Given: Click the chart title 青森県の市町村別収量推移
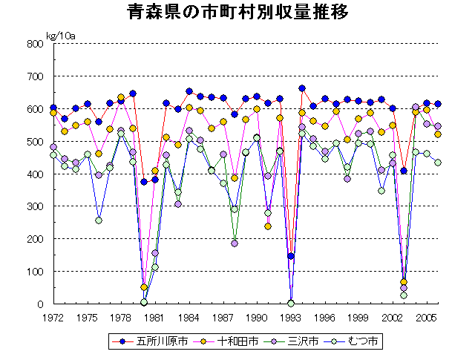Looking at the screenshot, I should click(237, 13).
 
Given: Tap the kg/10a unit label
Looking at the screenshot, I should click(60, 35).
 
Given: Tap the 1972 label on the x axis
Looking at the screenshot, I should click(53, 317).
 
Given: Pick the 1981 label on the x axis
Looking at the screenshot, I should click(155, 317).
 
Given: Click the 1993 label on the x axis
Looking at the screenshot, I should click(291, 317).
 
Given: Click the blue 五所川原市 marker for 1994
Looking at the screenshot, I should click(302, 88).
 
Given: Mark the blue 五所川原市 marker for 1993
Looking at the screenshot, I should click(291, 256).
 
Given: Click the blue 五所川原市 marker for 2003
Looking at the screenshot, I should click(404, 171).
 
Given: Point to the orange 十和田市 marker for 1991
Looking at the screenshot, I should click(268, 226).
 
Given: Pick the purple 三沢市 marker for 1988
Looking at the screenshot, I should click(235, 243).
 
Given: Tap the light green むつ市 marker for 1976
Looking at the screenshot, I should click(99, 220).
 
